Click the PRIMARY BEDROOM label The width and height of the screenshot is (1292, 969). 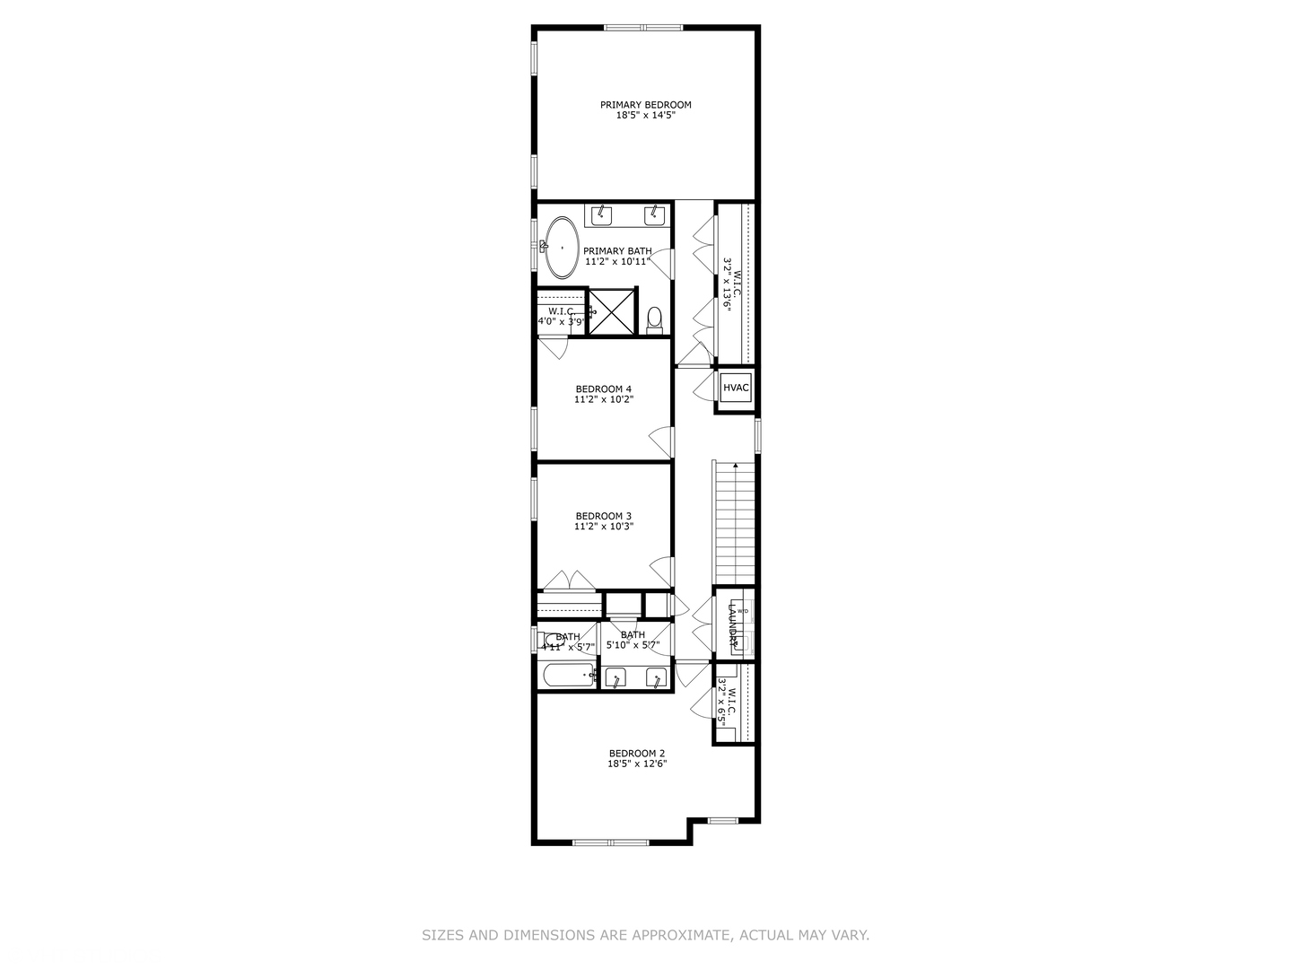(645, 104)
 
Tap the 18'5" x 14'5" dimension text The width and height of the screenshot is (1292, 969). (645, 116)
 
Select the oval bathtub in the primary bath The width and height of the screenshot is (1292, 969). (563, 246)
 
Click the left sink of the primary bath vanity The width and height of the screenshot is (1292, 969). (601, 214)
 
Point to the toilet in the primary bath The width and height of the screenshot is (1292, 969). (654, 319)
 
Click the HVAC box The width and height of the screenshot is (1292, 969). (736, 388)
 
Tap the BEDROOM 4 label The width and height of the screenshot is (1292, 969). (604, 388)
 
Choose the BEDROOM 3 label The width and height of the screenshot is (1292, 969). (604, 515)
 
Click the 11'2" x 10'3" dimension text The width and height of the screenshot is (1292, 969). (604, 527)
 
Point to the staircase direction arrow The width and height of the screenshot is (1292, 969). (736, 466)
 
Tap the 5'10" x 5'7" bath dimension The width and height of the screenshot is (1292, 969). (633, 645)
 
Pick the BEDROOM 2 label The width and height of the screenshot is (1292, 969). (637, 753)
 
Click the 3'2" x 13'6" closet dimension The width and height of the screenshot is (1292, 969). (729, 284)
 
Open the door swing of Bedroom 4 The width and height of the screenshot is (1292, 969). (662, 440)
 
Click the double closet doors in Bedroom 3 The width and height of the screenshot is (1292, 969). (569, 581)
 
